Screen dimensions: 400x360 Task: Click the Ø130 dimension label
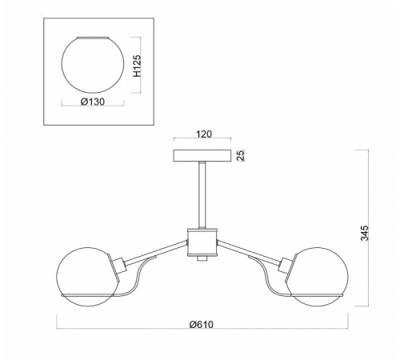tap(93, 102)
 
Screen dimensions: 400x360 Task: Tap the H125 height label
tap(137, 66)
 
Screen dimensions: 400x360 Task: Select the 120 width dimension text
tap(204, 134)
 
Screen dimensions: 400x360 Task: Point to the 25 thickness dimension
tap(241, 155)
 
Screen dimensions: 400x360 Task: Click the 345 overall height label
tap(365, 233)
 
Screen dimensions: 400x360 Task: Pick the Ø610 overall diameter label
tap(202, 325)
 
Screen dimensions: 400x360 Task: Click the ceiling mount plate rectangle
tap(202, 156)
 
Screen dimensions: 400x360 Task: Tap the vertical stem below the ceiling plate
tap(202, 195)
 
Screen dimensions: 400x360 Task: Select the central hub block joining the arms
tap(202, 242)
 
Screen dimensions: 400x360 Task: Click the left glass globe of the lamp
tap(58, 278)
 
